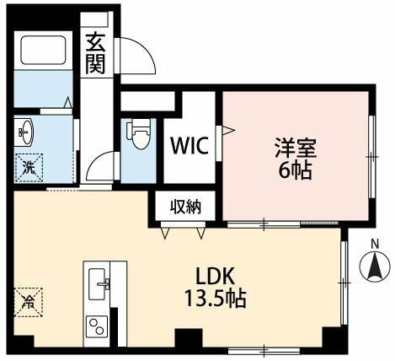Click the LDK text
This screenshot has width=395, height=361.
point(216,276)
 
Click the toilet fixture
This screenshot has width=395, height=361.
point(138,133)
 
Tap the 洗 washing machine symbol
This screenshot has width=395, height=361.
point(29,165)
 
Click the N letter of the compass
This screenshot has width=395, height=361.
point(375,246)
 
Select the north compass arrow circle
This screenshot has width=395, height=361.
point(375,271)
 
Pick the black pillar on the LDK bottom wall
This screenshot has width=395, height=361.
point(185,342)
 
